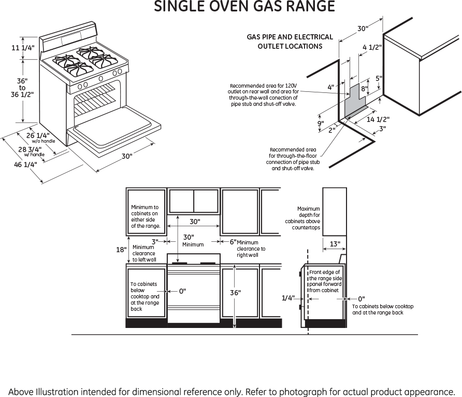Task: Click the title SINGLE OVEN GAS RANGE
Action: point(244,7)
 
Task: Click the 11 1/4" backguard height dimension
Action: point(23,48)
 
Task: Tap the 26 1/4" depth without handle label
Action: point(38,136)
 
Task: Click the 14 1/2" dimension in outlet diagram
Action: point(378,119)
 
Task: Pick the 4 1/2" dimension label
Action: point(372,47)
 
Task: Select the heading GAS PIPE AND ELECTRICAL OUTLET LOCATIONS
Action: point(290,42)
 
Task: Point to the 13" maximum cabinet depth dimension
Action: point(335,243)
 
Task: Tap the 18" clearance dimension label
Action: point(121,250)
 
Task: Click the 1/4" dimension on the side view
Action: point(288,298)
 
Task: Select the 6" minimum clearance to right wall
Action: point(233,242)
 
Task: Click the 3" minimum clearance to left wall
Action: point(154,241)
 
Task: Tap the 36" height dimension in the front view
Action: point(235,293)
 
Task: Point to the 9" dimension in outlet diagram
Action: point(321,124)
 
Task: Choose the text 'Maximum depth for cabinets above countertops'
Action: point(302,218)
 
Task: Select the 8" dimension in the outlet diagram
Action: point(364,89)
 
